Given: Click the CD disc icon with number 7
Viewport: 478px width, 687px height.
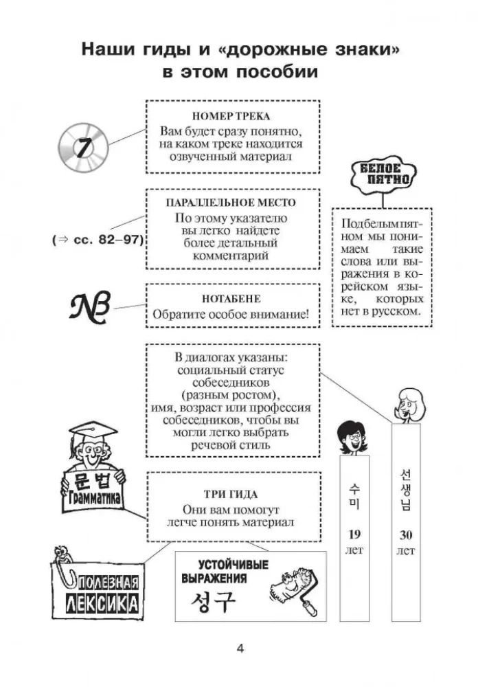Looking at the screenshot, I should pos(84,147).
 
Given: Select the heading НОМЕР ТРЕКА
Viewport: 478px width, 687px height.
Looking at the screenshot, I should pos(233,116).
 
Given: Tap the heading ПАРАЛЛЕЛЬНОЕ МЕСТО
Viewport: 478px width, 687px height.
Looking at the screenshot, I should pos(232,203).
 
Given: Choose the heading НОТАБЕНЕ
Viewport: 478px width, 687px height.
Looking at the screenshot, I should pos(232,300).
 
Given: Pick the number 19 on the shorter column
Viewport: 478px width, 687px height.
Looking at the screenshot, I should pos(354,535).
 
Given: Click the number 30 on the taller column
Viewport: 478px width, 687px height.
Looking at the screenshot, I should pos(405,535).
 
